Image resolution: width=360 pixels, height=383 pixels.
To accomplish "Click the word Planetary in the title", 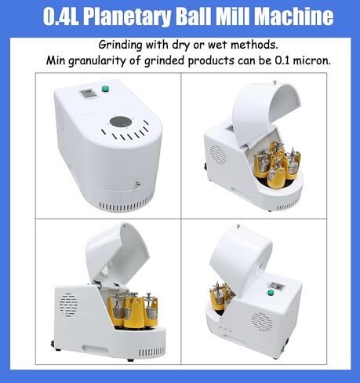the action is pos(127,17).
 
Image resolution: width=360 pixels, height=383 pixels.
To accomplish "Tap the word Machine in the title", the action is pos(294,16).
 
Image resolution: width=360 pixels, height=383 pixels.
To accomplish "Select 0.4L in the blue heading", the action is pos(61,16).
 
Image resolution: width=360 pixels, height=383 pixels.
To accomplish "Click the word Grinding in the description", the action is pos(120,45).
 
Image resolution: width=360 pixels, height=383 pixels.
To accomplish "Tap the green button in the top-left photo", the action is pos(105,89).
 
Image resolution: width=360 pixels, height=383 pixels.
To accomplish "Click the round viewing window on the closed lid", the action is pos(121,122).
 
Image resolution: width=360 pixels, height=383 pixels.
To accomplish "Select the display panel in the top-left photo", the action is pos(86,94).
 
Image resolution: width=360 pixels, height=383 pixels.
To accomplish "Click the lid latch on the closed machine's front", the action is pos(137,184).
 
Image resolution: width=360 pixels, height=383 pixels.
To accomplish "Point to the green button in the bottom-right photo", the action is pos(271,292).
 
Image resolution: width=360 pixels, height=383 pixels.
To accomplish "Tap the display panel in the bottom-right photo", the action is pos(277,286).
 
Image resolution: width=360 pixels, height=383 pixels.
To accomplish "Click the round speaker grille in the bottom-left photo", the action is pos(68,305).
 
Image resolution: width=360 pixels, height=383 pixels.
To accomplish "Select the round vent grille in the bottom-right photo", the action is pos(262,322).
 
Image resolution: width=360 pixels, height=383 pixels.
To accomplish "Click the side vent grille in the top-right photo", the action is pos(217,154).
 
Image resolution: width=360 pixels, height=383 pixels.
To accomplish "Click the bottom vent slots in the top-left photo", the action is pos(126,205).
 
